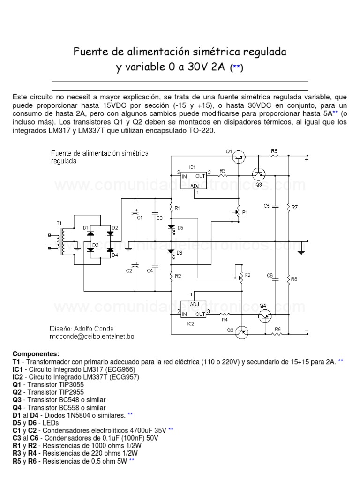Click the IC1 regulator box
coord(193,177)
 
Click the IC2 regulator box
coord(193,308)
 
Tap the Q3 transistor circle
coord(258,174)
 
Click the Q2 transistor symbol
coord(242,332)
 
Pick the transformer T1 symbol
coord(60,240)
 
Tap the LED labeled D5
coord(172,227)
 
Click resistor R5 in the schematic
coord(274,156)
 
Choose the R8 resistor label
coord(294,279)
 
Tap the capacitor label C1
coord(140,217)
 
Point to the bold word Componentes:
coord(36,353)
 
